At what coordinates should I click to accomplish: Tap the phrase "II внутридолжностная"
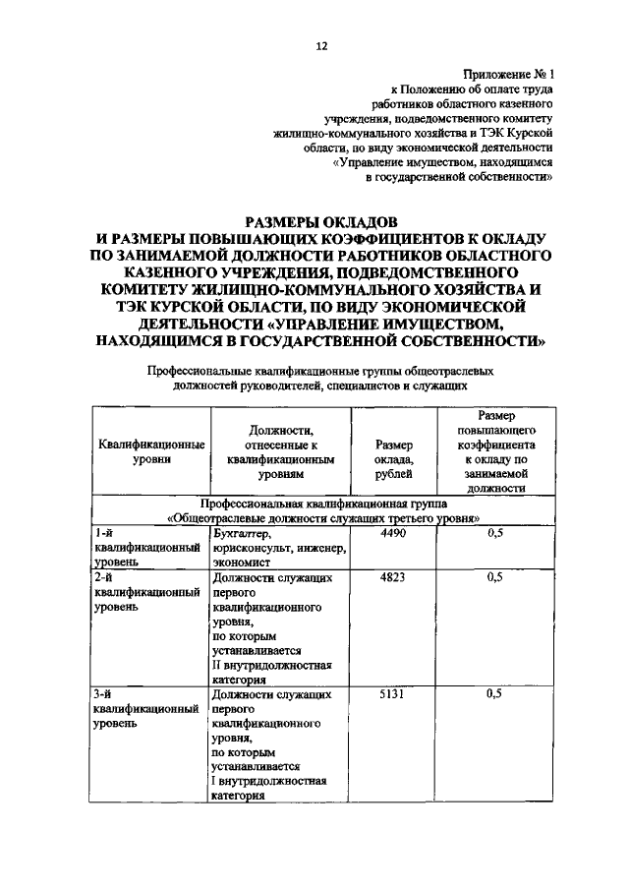click(271, 665)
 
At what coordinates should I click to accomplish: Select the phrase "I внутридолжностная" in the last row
click(269, 781)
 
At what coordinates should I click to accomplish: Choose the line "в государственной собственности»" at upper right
click(459, 178)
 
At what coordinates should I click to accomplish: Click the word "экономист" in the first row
click(241, 564)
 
